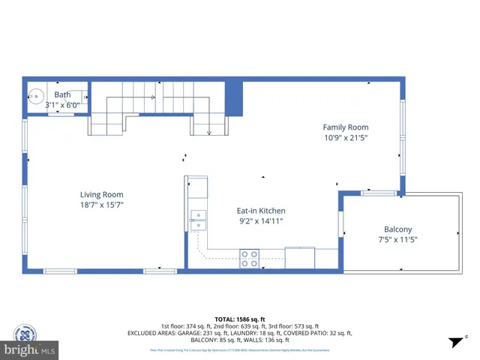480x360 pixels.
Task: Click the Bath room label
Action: (62, 94)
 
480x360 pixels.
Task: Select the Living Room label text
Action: (101, 195)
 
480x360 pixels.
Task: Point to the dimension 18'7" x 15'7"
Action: (101, 205)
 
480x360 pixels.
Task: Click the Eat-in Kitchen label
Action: (261, 211)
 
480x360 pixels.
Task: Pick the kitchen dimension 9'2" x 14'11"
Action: (261, 220)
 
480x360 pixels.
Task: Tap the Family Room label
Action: (346, 127)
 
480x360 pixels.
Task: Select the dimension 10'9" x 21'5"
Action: (346, 137)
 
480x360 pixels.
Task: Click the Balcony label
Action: (397, 229)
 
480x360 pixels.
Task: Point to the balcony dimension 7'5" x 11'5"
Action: (397, 239)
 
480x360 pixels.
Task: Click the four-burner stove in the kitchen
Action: (249, 259)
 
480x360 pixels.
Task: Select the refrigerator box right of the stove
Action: (300, 257)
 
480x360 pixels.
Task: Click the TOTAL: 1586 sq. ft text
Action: (240, 319)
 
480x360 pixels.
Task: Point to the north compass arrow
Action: (454, 342)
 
